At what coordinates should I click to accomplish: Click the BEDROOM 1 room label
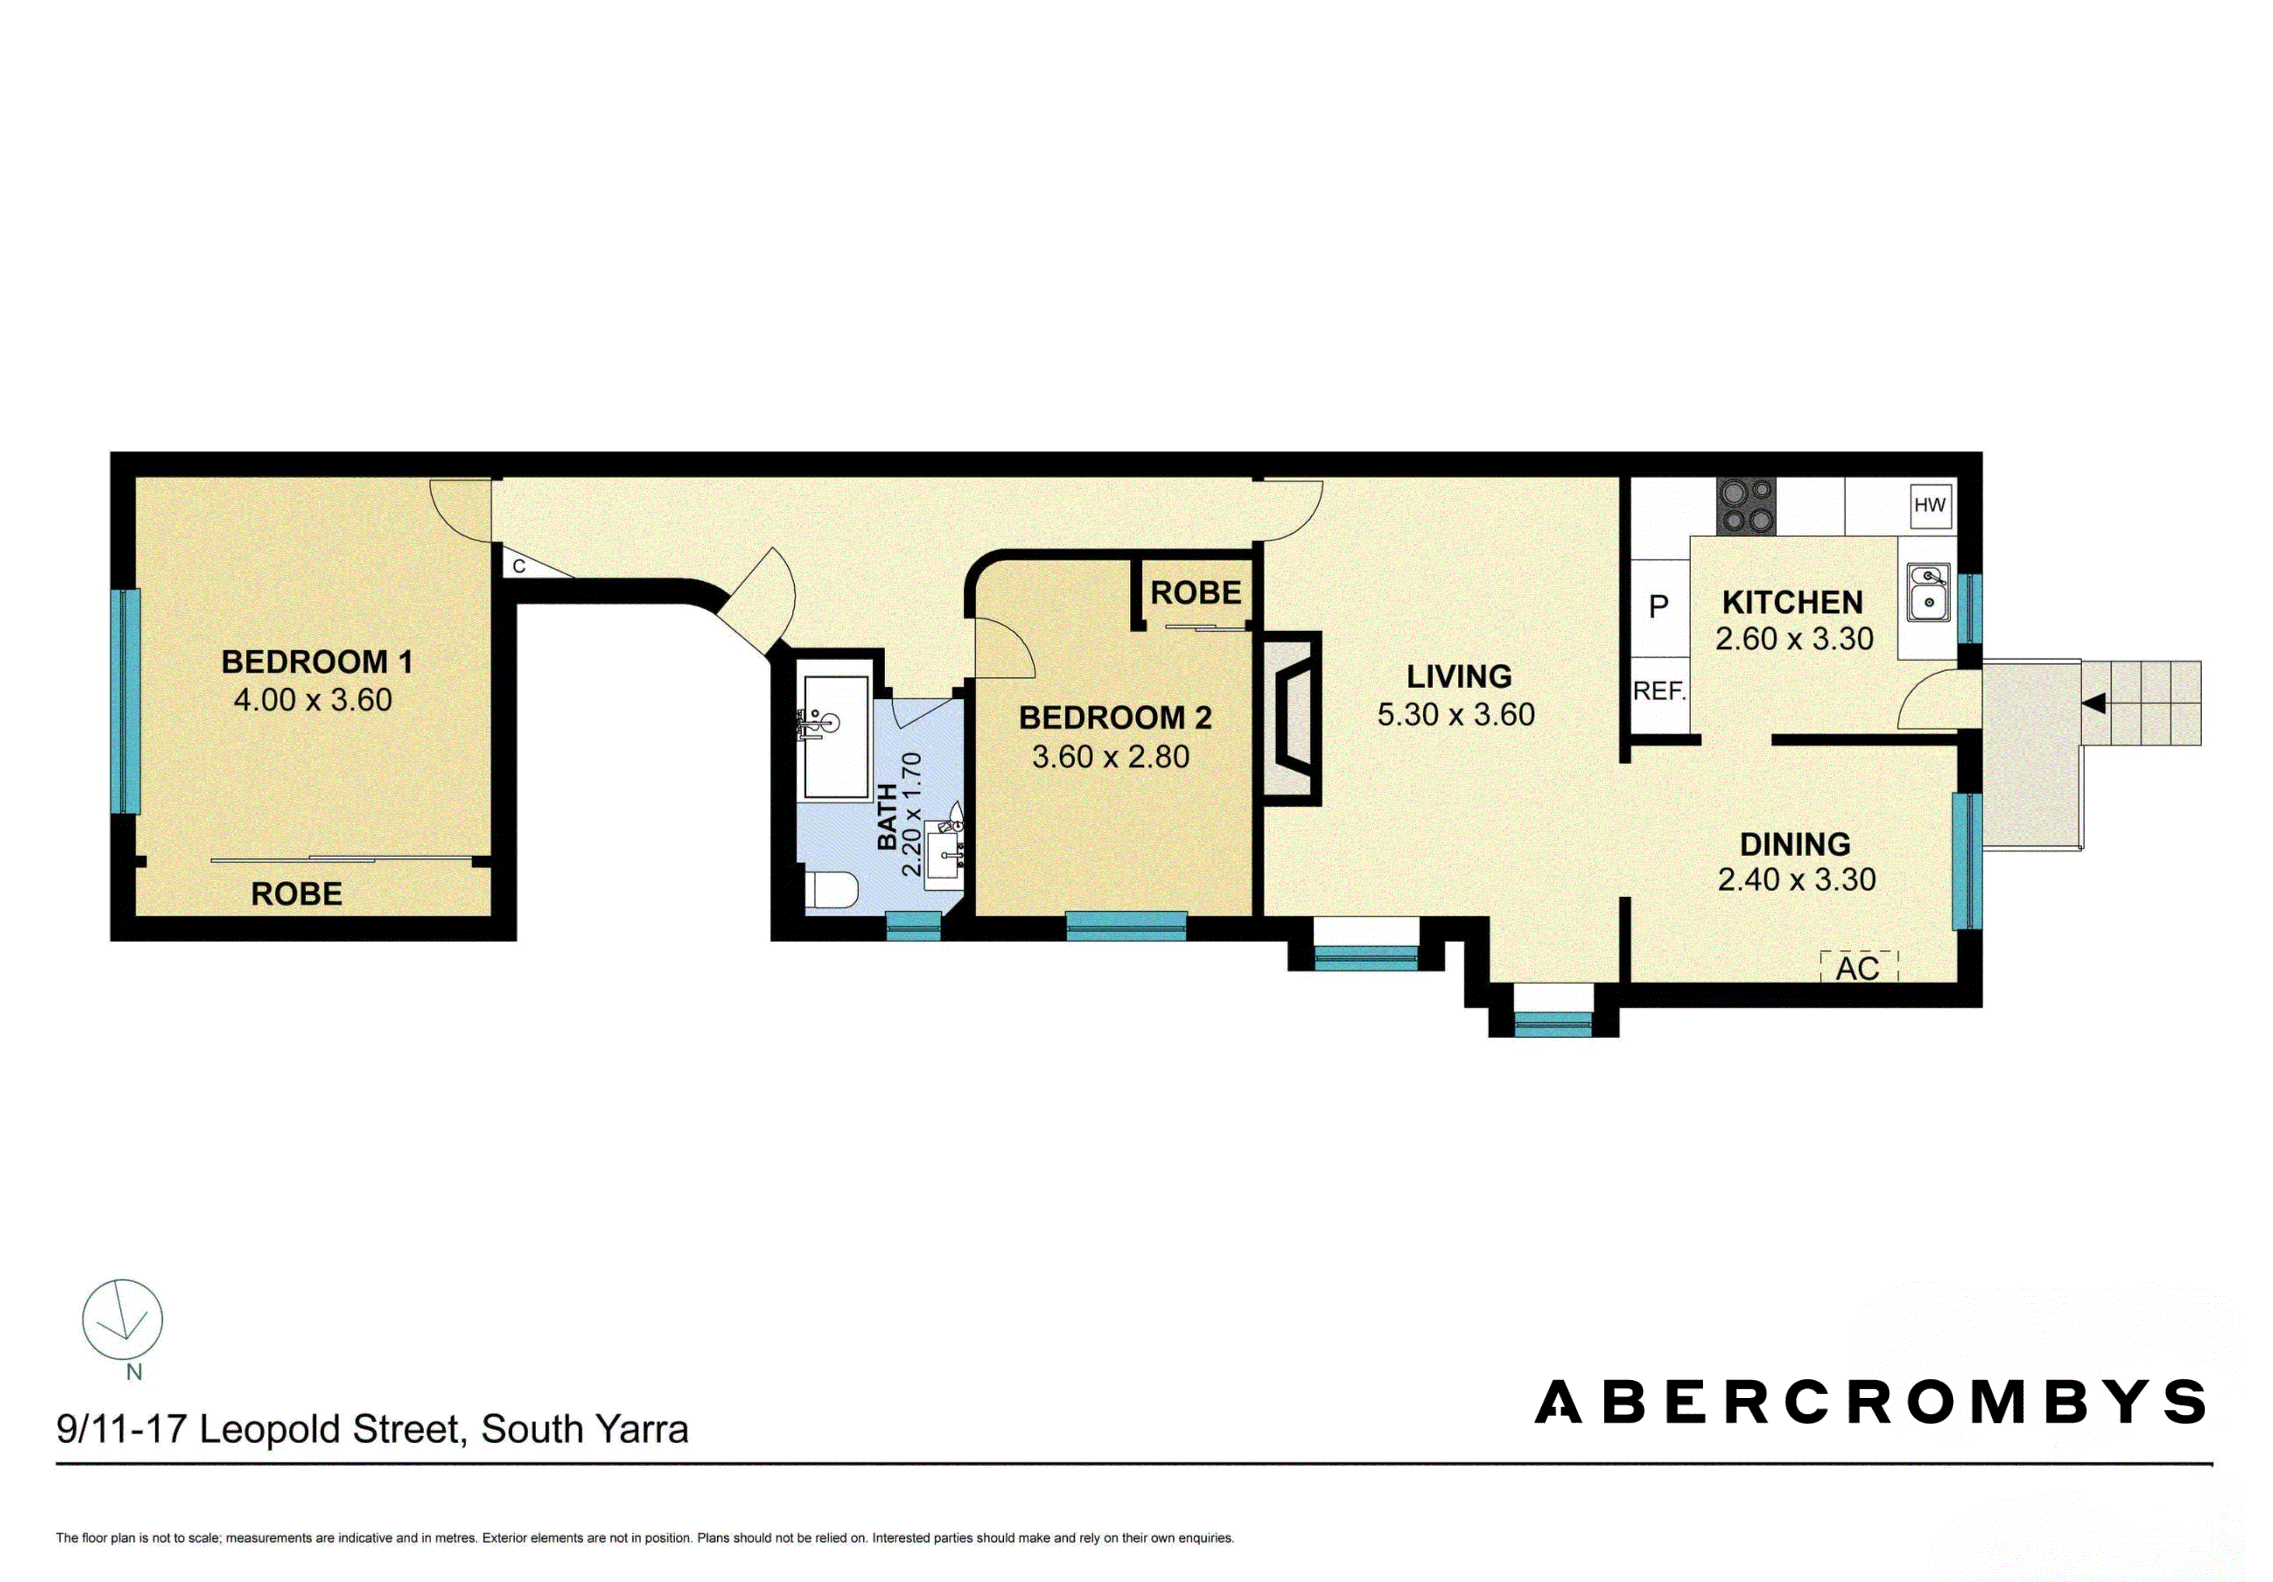(317, 661)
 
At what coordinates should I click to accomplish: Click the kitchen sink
(1928, 592)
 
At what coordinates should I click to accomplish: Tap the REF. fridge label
(1659, 691)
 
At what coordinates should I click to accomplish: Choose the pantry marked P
(1659, 607)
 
